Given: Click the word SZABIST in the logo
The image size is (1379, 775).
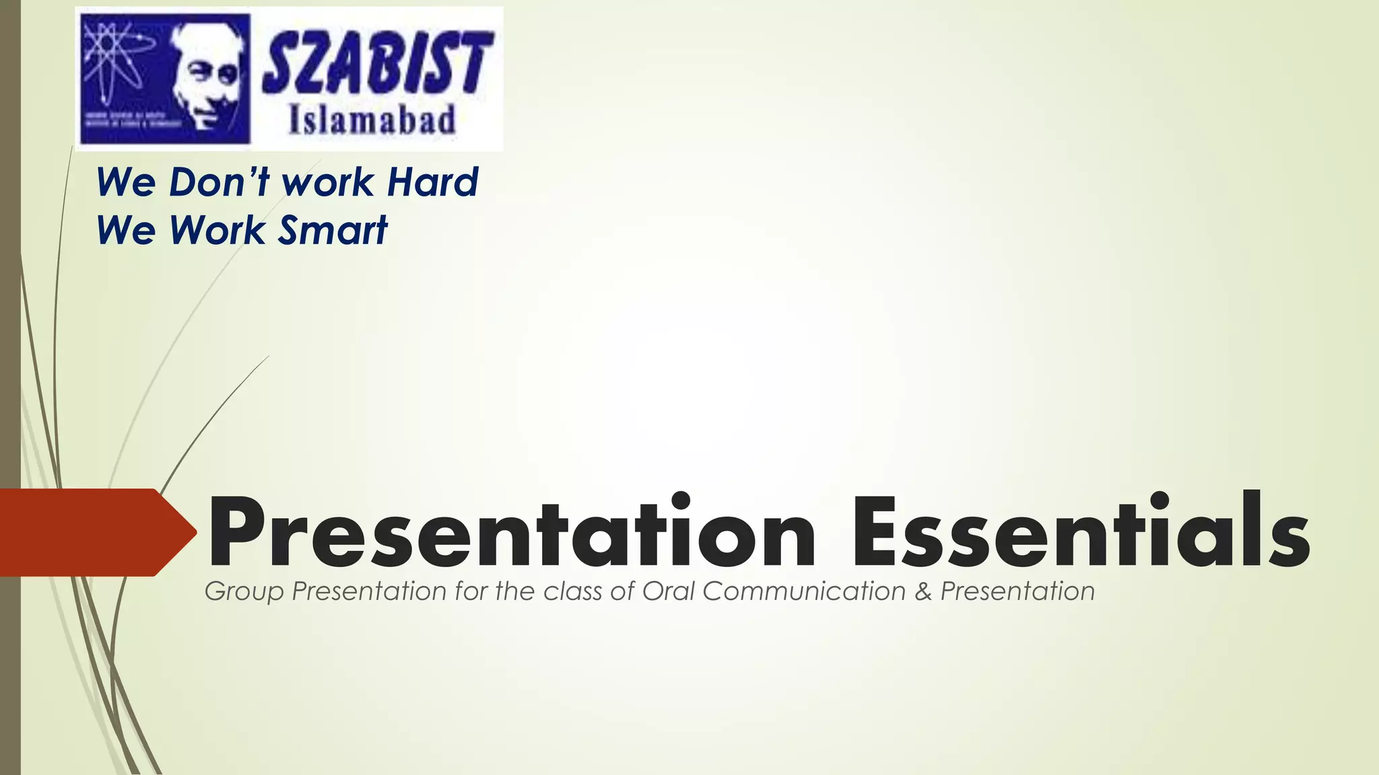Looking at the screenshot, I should pos(377,64).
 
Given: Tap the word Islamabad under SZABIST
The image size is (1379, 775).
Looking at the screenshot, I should pos(372,122).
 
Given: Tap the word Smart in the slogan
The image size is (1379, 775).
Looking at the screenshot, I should pos(333,230).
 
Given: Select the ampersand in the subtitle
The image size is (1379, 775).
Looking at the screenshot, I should pos(922,591).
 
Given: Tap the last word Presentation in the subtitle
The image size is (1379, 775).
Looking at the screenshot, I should pos(1017,591).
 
